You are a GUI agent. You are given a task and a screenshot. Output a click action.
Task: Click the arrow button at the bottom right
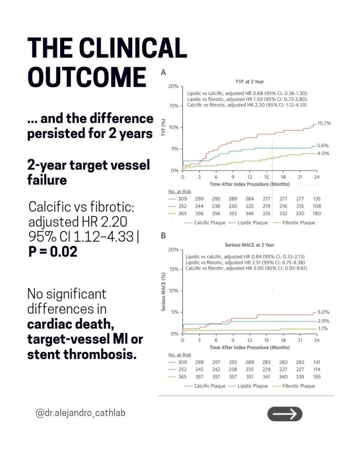[284, 414]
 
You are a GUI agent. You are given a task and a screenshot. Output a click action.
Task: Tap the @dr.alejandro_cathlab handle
[81, 413]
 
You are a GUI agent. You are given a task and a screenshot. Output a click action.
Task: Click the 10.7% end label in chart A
[324, 123]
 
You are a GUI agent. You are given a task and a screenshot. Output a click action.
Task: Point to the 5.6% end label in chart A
[323, 145]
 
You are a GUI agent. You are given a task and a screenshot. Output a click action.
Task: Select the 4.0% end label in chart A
[323, 153]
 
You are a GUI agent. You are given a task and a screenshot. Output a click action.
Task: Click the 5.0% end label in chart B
[324, 312]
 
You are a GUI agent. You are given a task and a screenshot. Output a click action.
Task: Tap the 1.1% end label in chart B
[323, 328]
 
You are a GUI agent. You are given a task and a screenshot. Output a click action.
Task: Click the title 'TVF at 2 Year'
[249, 81]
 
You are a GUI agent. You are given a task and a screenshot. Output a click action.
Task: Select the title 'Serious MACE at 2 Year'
[249, 245]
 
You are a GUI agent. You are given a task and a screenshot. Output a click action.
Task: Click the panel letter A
[163, 72]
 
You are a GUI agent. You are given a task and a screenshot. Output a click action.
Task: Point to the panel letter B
[163, 236]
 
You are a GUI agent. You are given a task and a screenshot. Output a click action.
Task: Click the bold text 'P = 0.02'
[53, 252]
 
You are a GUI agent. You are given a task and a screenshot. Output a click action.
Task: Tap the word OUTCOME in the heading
[87, 77]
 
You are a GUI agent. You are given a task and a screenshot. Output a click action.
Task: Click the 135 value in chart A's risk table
[317, 198]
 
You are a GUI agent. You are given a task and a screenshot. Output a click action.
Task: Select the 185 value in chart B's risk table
[317, 377]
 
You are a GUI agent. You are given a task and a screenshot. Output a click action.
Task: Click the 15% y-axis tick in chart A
[174, 106]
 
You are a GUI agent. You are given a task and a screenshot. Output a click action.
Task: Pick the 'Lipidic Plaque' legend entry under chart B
[248, 386]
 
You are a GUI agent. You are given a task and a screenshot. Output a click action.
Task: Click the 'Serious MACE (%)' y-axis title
[163, 292]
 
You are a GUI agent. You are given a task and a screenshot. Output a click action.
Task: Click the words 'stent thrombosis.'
[82, 354]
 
